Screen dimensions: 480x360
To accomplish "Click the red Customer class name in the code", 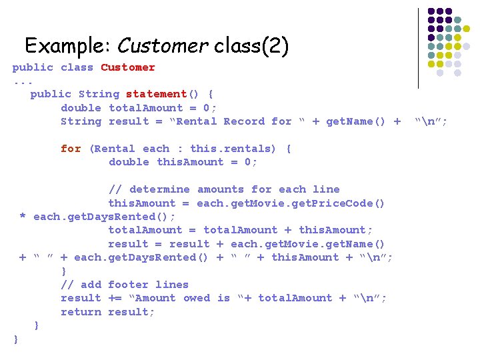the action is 128,67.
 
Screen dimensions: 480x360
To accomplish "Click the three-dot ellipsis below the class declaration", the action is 23,81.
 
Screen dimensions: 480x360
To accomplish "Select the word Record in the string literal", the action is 244,121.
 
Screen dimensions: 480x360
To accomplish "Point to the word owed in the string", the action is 197,298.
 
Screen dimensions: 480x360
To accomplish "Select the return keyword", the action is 81,312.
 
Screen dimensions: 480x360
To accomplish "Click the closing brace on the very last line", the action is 16,339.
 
